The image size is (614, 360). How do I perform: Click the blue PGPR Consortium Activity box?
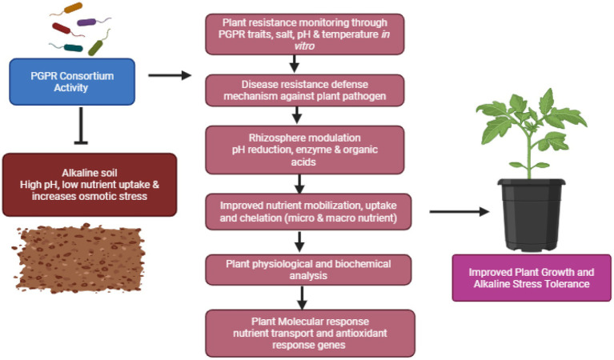click(72, 82)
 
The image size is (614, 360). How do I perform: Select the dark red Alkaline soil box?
click(90, 185)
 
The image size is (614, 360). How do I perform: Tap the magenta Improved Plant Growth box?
click(532, 278)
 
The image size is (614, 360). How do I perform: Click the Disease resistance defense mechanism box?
click(305, 90)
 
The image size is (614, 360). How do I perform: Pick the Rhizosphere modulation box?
click(305, 150)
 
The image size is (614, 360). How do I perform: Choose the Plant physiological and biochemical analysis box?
click(308, 270)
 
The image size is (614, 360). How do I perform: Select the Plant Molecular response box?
click(310, 334)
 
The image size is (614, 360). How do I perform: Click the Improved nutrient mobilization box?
click(308, 212)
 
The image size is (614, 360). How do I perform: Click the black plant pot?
click(532, 214)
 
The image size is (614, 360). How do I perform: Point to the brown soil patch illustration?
click(78, 258)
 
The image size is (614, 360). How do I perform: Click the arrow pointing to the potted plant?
click(459, 212)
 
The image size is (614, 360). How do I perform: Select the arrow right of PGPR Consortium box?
click(170, 75)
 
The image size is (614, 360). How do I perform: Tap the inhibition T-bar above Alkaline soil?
click(81, 126)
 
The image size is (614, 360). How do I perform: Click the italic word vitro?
click(304, 46)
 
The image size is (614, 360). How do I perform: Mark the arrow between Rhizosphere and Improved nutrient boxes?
click(299, 184)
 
